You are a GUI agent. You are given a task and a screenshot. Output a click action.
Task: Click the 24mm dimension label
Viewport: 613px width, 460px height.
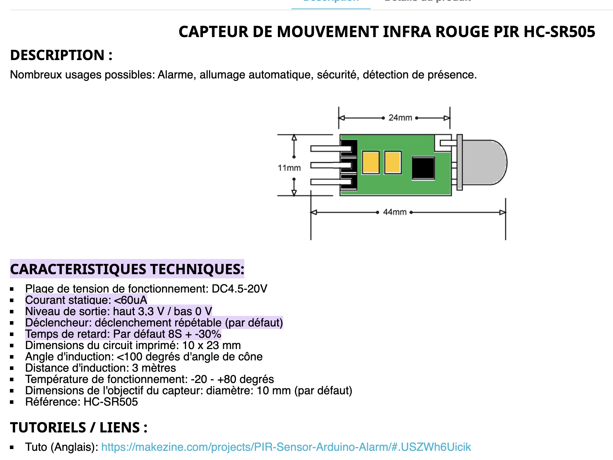[400, 118]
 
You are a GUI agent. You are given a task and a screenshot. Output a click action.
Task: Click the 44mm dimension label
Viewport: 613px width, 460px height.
[395, 212]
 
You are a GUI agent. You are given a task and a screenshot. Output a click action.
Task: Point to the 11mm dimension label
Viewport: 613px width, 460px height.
[289, 168]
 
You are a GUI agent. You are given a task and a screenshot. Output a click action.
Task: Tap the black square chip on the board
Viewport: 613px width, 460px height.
[423, 168]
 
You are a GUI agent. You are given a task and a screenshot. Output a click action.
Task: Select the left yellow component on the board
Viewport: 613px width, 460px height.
[371, 163]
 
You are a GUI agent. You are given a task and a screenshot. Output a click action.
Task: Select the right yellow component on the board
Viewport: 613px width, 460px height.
[393, 163]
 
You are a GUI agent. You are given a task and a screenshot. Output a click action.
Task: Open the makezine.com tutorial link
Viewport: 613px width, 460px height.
[286, 447]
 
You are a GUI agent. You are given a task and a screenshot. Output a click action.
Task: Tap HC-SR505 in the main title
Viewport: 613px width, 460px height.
[559, 32]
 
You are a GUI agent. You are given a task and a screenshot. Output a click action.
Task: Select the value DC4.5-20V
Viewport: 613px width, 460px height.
[239, 289]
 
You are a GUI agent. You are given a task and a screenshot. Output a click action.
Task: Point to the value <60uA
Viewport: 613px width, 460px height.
[130, 300]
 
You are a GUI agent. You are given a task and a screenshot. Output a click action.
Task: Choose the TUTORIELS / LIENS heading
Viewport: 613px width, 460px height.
[78, 427]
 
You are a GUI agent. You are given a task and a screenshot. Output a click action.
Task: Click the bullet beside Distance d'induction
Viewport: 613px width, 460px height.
[12, 368]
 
